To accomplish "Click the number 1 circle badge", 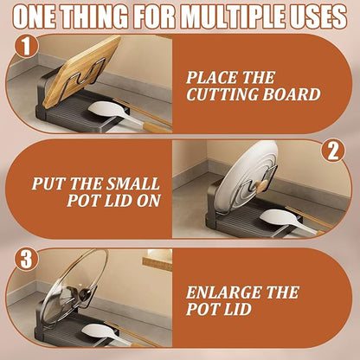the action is (26, 46).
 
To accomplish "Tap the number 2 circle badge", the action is (333, 151).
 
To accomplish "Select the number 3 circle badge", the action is (26, 259).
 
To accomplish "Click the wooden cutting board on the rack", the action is (81, 70).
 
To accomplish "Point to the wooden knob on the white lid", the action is (262, 186).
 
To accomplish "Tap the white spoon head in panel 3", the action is (100, 331).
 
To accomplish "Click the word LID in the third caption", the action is (235, 309).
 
